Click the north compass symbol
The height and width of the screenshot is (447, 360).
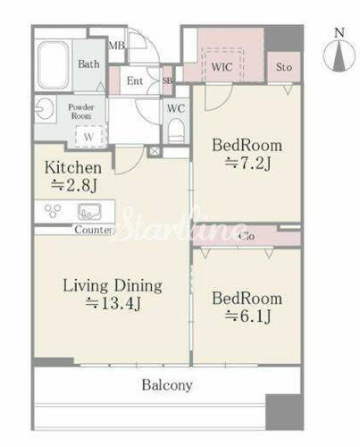339,55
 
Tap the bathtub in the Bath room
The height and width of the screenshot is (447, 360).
54,64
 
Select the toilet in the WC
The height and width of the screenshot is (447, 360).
176,131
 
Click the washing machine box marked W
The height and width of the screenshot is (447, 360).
89,137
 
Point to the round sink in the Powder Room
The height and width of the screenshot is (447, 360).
45,109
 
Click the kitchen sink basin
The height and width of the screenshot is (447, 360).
89,211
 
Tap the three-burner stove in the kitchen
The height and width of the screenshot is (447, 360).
53,210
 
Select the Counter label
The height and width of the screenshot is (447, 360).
94,230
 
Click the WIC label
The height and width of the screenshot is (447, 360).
222,67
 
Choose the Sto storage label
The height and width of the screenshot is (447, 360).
284,67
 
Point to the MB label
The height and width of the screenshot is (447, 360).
117,46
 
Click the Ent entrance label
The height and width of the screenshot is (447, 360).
135,80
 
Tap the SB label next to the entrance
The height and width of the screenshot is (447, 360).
167,80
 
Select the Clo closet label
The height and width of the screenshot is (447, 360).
247,237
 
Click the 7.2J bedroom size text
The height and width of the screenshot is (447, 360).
247,163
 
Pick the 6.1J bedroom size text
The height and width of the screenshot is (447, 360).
247,316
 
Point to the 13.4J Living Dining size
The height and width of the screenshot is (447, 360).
113,304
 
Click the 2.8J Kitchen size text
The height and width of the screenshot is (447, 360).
74,186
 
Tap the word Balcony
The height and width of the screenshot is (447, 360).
167,385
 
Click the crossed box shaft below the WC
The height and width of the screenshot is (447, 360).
155,151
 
